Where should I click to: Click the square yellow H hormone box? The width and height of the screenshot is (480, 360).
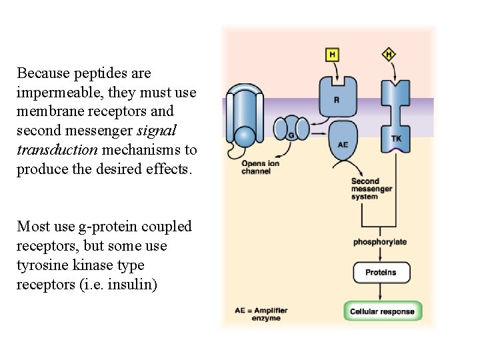pyautogui.click(x=332, y=55)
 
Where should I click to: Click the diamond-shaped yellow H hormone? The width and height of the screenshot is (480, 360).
pyautogui.click(x=389, y=54)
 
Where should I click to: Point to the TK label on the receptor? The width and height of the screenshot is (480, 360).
pyautogui.click(x=396, y=139)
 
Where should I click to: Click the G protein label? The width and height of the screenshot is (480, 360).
pyautogui.click(x=291, y=135)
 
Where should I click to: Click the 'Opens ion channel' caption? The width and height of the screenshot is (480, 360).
pyautogui.click(x=256, y=167)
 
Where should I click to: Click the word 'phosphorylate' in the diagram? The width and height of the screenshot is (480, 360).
pyautogui.click(x=380, y=242)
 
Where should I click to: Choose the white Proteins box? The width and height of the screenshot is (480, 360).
pyautogui.click(x=381, y=272)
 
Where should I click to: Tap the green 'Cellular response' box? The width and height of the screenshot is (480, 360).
pyautogui.click(x=383, y=311)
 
